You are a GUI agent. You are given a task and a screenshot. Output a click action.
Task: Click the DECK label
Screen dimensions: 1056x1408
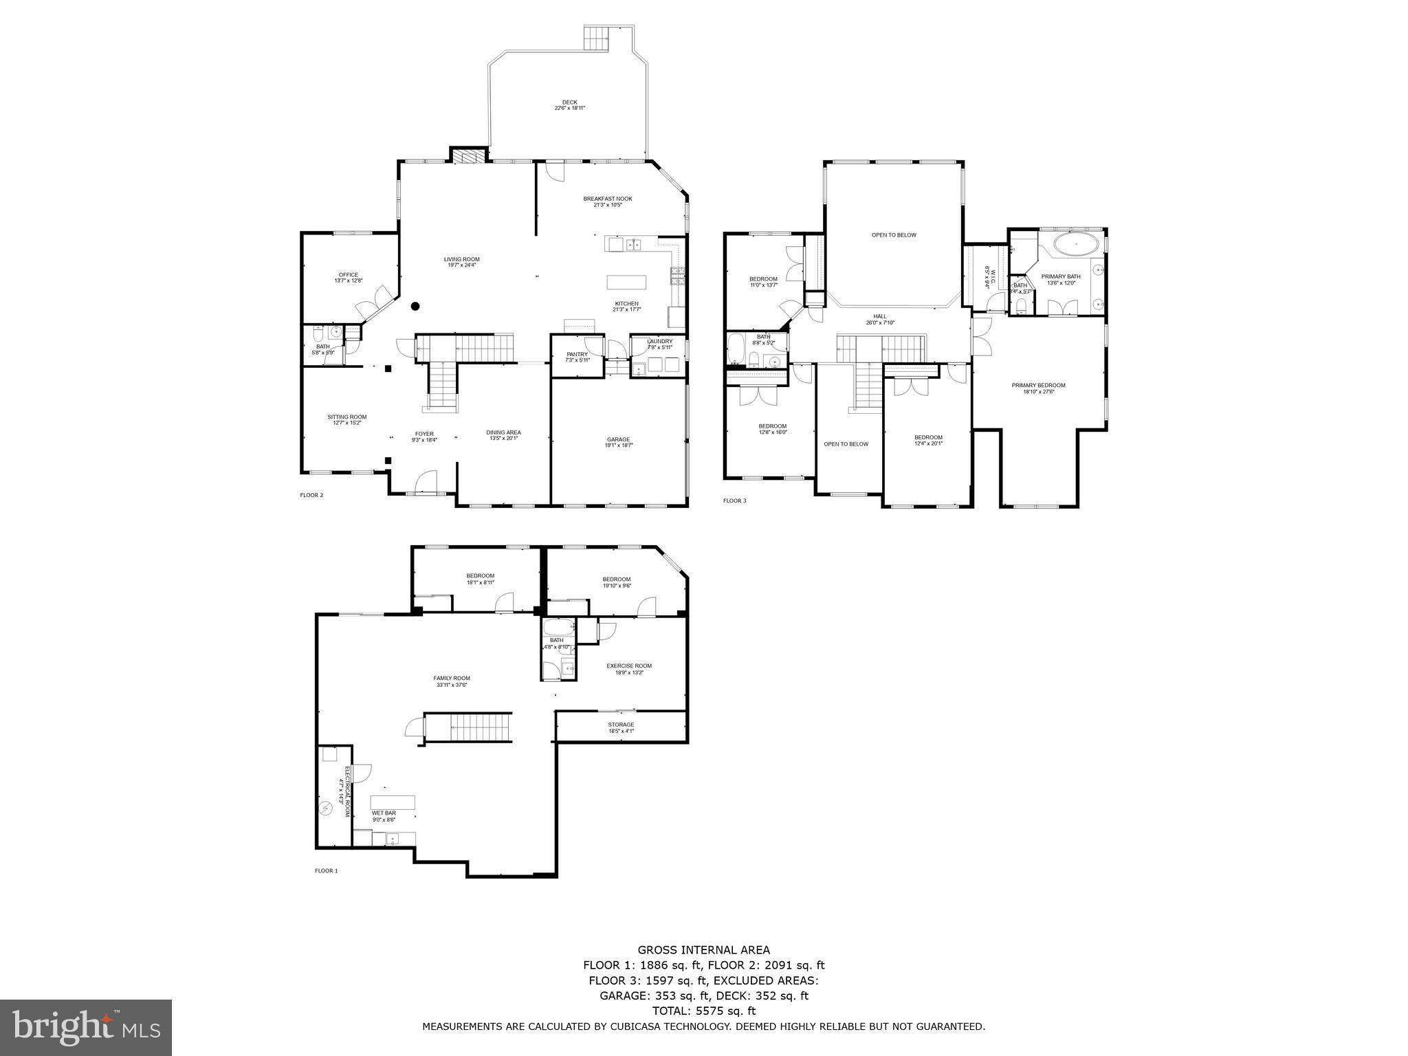tap(569, 102)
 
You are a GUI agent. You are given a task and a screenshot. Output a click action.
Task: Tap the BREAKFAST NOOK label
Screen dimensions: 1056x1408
tap(608, 199)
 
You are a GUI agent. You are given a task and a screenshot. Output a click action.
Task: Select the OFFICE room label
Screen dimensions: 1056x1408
tap(348, 275)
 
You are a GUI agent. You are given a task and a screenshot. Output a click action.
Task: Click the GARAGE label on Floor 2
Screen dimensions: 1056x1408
tap(618, 439)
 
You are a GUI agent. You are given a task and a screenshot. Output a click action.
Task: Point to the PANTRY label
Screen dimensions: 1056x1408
tap(577, 354)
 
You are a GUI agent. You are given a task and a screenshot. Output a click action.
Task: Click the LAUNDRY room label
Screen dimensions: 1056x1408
tap(659, 341)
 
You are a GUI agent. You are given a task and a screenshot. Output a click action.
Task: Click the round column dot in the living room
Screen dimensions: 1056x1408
tap(415, 307)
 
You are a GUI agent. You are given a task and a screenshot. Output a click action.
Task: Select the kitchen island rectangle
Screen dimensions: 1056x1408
tap(626, 282)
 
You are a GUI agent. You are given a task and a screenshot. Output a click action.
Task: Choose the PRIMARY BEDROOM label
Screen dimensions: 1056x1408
tap(1038, 385)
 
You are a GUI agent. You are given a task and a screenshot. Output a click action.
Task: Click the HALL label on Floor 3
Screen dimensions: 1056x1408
tap(880, 317)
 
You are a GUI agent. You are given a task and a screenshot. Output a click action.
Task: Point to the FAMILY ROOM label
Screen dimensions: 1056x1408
tap(452, 678)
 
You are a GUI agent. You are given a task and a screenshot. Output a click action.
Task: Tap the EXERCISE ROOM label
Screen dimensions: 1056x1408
tap(628, 665)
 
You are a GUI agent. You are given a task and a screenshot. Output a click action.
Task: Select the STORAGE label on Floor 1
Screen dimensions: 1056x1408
tap(621, 725)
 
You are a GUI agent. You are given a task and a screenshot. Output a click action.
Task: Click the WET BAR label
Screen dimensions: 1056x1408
tap(384, 813)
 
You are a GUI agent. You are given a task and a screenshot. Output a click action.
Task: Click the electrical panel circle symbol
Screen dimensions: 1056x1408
tap(325, 808)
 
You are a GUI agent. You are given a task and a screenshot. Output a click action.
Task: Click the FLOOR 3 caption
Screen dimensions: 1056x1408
tap(734, 500)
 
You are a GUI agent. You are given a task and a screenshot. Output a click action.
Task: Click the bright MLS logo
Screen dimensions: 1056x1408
tap(86, 1027)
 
